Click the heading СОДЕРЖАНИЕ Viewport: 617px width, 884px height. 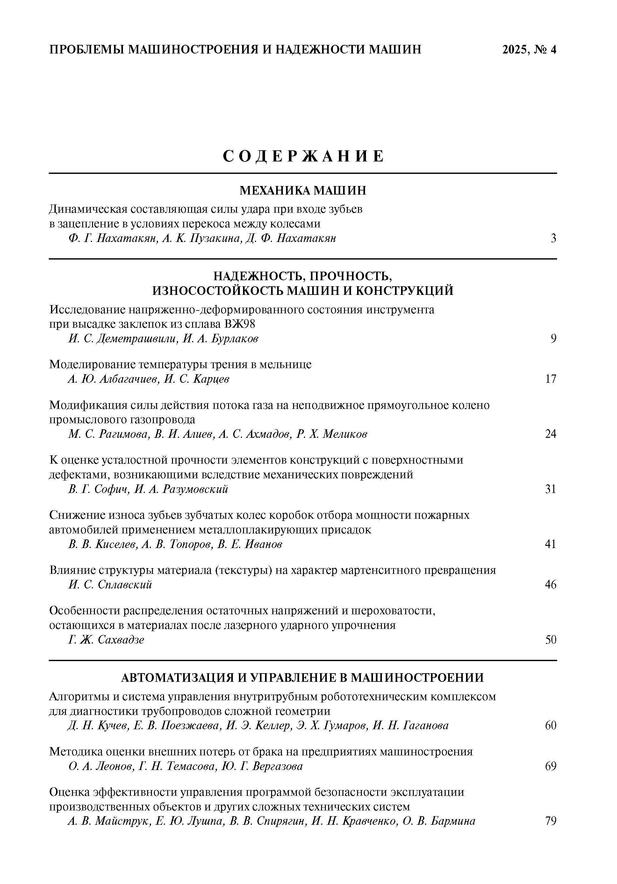pyautogui.click(x=304, y=156)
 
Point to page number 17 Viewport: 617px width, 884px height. pyautogui.click(x=551, y=379)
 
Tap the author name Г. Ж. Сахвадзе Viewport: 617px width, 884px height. pyautogui.click(x=106, y=640)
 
